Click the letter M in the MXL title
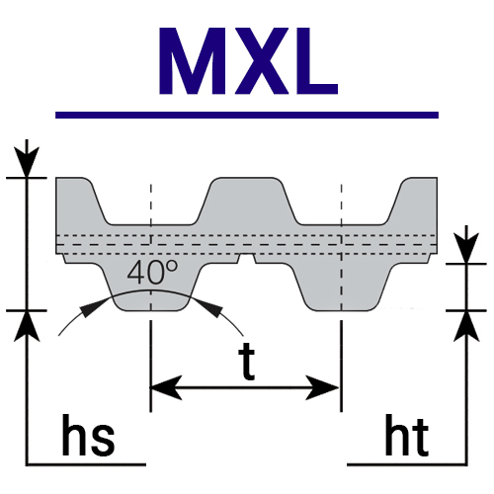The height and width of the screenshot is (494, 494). [193, 61]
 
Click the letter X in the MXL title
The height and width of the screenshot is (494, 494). [261, 61]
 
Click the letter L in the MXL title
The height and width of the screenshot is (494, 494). [317, 61]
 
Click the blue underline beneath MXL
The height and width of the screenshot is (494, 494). [247, 115]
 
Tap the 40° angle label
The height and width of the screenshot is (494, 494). [152, 273]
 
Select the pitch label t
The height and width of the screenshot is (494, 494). [247, 362]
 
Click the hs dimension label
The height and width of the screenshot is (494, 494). [88, 435]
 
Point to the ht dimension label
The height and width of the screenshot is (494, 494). [407, 435]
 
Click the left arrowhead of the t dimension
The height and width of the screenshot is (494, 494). [166, 387]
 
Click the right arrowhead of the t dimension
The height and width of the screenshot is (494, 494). [323, 387]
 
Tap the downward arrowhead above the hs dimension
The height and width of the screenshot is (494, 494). [27, 162]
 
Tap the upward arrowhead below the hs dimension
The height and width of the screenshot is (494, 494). [27, 326]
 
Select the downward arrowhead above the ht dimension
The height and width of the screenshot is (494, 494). [466, 248]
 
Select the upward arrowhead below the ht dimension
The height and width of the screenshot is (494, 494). [466, 326]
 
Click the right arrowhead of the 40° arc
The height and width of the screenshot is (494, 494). [210, 307]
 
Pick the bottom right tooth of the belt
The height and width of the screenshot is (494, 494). [343, 287]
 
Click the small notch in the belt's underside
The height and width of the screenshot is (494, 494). [247, 259]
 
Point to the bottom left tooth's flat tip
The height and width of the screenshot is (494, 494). [151, 310]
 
